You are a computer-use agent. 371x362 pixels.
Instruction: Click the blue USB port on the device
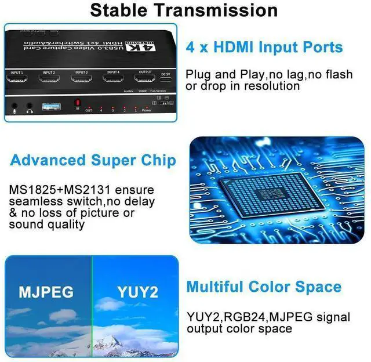tap(51, 106)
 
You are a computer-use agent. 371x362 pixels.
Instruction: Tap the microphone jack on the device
tap(15, 107)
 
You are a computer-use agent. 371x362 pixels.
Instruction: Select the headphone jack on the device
tap(29, 107)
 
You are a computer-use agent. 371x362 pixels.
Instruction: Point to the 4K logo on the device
tap(150, 46)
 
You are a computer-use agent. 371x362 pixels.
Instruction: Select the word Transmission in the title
tap(221, 10)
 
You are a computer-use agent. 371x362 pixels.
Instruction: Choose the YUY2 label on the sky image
tap(137, 292)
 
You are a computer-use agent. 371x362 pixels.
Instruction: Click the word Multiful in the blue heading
tap(214, 287)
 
